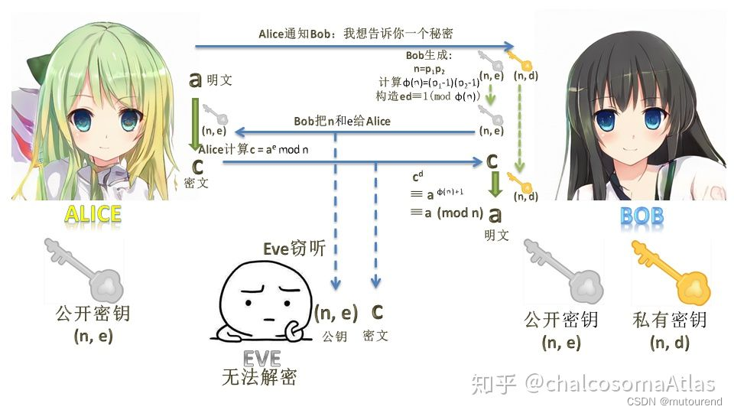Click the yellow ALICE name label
[94, 214]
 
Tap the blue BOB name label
[641, 216]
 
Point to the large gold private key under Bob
[671, 274]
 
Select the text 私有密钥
[670, 320]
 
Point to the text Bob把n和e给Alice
[342, 121]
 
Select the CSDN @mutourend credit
[674, 401]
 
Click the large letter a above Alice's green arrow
[196, 80]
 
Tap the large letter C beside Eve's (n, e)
[377, 312]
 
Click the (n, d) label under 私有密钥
[670, 343]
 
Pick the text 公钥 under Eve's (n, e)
[335, 335]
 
